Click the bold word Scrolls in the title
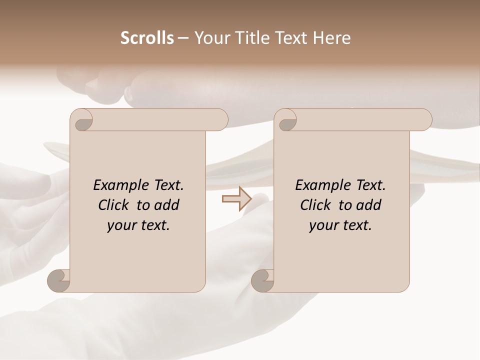coord(147,38)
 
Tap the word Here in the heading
coord(332,38)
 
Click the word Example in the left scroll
coord(118,185)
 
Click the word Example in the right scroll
coord(320,185)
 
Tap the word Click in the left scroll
coord(114,205)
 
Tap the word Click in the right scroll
coord(316,205)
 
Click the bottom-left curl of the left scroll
coord(58,280)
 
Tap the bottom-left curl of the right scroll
coord(262,280)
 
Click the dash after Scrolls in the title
coord(183,38)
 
